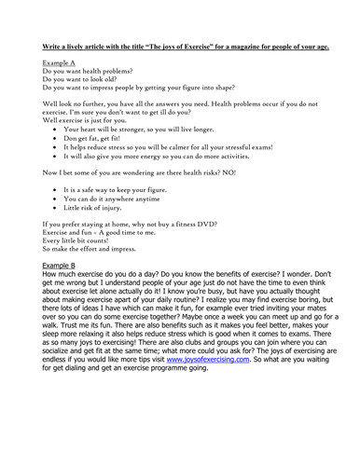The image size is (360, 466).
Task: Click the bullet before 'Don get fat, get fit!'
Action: coord(55,137)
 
